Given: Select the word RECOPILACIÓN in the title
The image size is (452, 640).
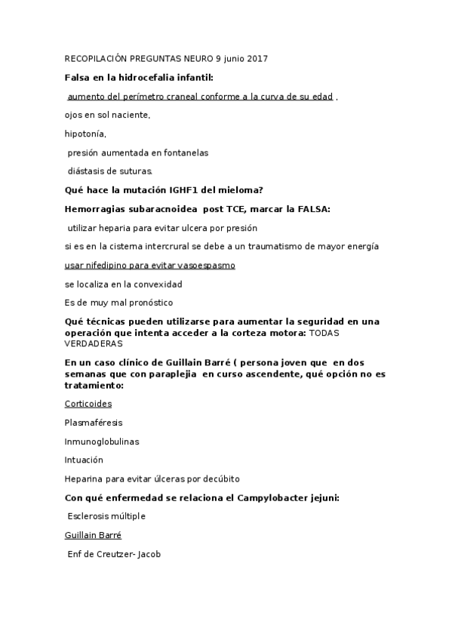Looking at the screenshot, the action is pyautogui.click(x=97, y=58).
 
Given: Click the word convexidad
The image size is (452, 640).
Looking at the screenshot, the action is pyautogui.click(x=157, y=285).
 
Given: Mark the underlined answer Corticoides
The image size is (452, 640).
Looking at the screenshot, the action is pyautogui.click(x=88, y=404).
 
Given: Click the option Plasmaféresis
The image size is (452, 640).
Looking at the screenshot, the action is pyautogui.click(x=93, y=423).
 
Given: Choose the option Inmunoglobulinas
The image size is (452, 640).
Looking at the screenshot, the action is pyautogui.click(x=102, y=442).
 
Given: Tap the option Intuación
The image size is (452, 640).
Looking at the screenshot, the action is pyautogui.click(x=84, y=460).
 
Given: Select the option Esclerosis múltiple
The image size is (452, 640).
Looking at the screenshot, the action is pyautogui.click(x=106, y=516).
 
